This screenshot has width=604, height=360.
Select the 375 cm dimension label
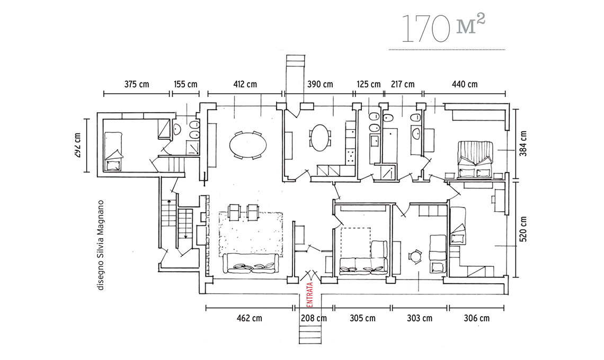(136, 84)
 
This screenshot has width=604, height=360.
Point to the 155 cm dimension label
(185, 84)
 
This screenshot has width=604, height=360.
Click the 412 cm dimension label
(245, 84)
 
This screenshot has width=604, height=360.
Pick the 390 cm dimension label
(320, 84)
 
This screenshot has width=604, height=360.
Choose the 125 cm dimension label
(368, 84)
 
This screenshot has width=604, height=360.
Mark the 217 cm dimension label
(403, 84)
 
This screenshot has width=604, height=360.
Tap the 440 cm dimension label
(465, 84)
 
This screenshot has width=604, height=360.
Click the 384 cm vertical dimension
(523, 143)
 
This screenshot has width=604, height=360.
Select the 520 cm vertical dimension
(523, 229)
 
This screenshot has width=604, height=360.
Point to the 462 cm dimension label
(249, 318)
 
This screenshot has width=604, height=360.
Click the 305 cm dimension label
(362, 318)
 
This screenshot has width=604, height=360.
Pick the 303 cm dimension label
(420, 318)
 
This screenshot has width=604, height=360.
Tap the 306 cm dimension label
(476, 318)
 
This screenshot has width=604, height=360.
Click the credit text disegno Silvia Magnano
(101, 245)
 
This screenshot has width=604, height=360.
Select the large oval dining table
(248, 145)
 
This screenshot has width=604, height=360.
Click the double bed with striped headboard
(475, 160)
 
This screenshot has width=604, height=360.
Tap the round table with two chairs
(415, 256)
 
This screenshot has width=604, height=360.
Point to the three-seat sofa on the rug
(251, 263)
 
